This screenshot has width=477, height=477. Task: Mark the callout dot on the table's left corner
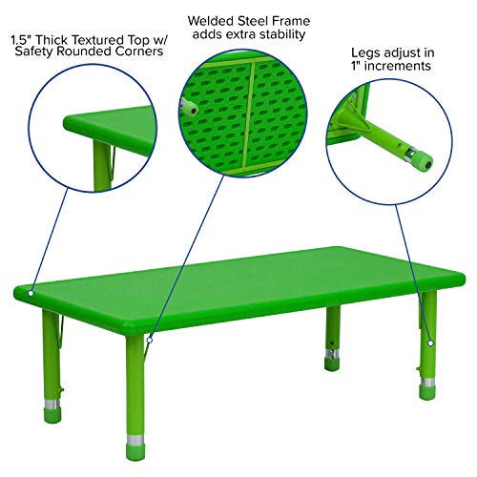coord(31,292)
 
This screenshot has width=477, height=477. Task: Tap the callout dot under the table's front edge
coord(151,338)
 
